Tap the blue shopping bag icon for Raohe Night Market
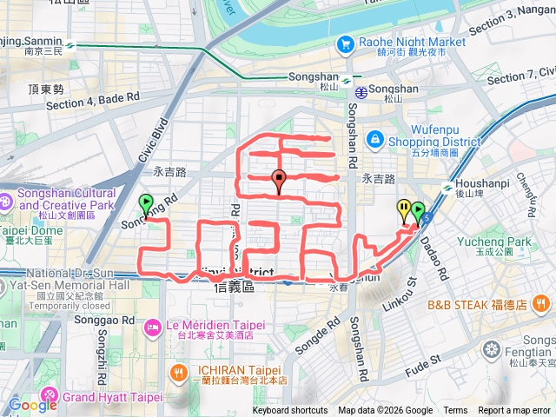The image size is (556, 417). tap(346, 43)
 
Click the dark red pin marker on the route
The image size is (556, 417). tap(279, 181)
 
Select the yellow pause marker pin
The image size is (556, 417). tap(404, 209)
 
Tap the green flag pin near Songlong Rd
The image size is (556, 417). tap(146, 204)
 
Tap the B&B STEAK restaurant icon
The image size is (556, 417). tap(542, 304)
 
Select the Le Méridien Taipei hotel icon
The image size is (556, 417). tap(153, 327)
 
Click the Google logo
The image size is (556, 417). tap(33, 405)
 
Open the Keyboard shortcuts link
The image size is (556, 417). tap(289, 411)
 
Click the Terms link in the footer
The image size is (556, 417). tap(455, 411)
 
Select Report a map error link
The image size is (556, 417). tap(515, 411)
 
